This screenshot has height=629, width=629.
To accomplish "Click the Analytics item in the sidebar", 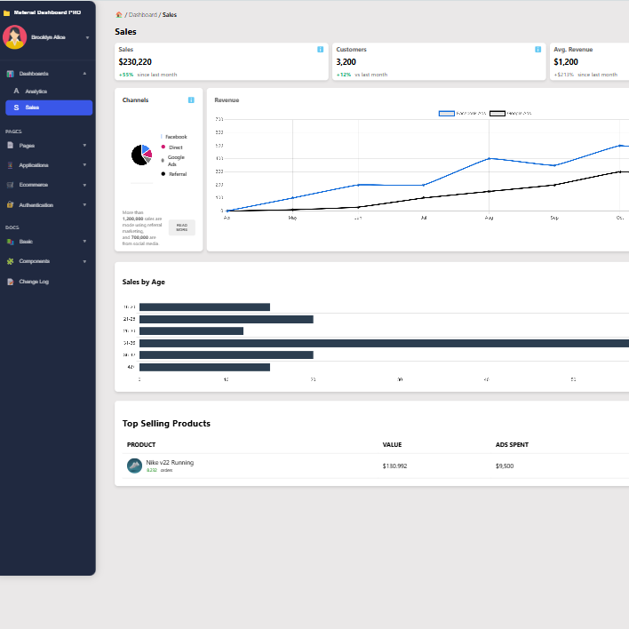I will [36, 92].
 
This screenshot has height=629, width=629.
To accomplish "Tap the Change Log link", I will [34, 282].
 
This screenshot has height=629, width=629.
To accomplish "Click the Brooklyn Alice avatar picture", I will [14, 37].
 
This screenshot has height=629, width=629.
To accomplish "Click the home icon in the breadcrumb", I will [119, 15].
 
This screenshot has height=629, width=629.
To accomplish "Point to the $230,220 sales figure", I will [135, 62].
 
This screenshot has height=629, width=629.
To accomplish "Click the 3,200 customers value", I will [346, 62].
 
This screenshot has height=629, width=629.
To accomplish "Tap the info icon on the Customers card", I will [537, 50].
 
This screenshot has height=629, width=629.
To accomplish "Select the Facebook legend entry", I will [175, 137].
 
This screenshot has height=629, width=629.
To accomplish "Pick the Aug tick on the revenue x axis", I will [489, 217].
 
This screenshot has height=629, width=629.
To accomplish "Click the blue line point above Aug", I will [489, 158].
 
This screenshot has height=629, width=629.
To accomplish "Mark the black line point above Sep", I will [554, 185].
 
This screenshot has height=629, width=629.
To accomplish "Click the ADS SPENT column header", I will [513, 444].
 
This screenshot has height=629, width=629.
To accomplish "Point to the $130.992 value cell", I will [394, 466].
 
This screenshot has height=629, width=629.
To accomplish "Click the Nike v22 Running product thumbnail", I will [134, 466].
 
